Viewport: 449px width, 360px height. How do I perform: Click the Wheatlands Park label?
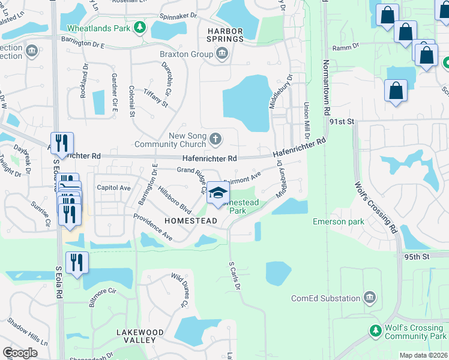99,28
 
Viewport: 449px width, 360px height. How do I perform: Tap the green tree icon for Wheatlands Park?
140,28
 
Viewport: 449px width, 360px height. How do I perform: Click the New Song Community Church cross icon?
216,140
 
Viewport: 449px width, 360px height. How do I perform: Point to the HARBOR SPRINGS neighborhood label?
225,34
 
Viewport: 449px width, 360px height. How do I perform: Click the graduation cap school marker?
218,193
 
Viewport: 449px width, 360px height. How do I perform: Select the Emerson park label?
339,221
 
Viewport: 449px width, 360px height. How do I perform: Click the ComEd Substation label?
325,298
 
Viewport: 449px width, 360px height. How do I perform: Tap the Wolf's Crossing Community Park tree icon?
376,331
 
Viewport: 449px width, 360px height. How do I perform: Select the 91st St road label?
343,121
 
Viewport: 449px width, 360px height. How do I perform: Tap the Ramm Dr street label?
348,45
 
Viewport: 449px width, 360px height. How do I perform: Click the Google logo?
20,353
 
